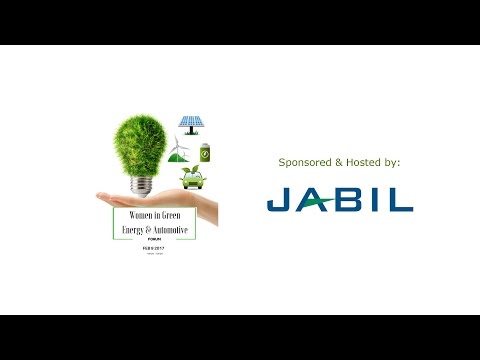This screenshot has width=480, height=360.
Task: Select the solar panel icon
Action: tap(192, 123)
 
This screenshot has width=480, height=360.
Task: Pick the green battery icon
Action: tap(206, 154)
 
